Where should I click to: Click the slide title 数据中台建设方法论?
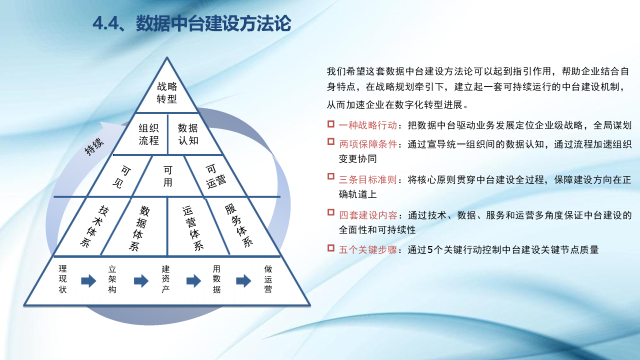[213, 23]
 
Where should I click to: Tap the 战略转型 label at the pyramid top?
[167, 92]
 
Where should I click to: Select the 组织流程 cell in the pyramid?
[148, 134]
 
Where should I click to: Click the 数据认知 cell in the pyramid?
[188, 134]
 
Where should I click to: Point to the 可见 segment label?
[122, 177]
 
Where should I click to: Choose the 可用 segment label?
[167, 176]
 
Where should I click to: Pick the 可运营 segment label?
[215, 176]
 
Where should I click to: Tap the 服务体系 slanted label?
[239, 225]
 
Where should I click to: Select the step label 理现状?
[62, 279]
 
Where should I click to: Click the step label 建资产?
[165, 279]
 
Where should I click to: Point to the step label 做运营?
[268, 279]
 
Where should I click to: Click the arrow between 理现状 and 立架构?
[88, 281]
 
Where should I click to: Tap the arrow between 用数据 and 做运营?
[243, 281]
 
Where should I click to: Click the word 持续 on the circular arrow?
[94, 146]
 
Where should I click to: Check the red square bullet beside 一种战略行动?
[331, 124]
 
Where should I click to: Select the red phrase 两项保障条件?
[368, 144]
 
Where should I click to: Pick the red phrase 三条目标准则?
[368, 179]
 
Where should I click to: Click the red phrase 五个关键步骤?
[368, 250]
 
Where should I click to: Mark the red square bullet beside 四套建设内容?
[331, 212]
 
